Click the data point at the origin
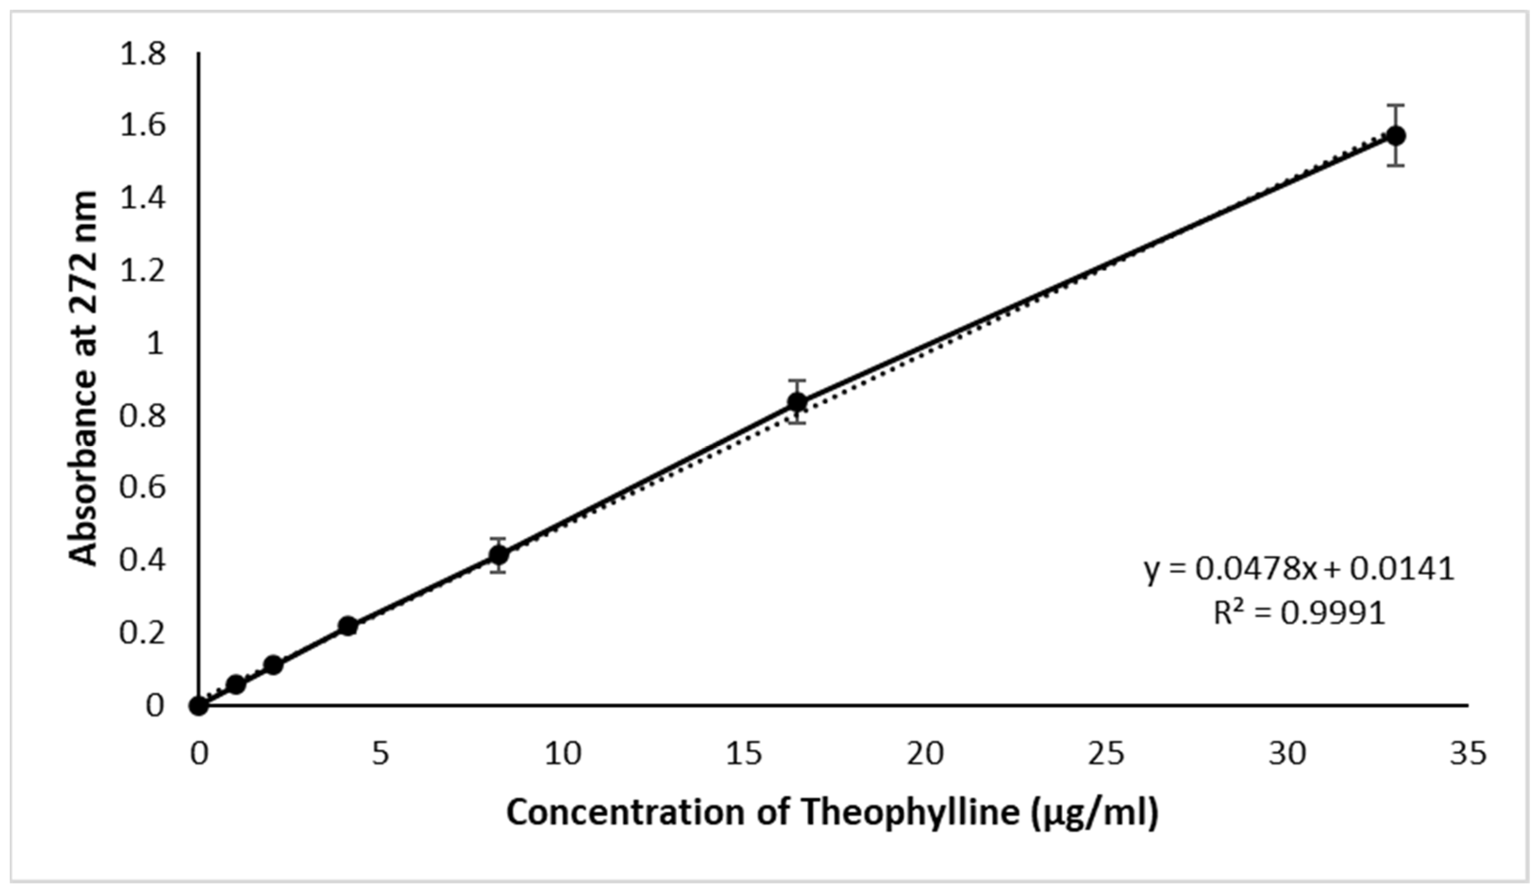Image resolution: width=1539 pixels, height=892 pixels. click(199, 706)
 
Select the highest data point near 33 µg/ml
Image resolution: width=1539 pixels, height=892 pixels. click(1396, 135)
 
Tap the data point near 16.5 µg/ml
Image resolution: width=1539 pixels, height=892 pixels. click(797, 402)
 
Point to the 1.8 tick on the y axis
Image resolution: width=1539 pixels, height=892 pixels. click(143, 54)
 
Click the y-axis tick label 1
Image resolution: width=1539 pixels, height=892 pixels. click(156, 344)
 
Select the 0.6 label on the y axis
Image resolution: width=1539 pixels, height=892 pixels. click(143, 488)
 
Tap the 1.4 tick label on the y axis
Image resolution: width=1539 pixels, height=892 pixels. click(143, 199)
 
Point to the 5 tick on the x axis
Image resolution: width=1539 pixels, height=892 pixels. click(380, 755)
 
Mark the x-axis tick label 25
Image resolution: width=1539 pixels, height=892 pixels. click(1105, 755)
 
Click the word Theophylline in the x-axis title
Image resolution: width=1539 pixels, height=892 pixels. click(909, 814)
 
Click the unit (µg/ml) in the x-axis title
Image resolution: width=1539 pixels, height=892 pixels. click(1095, 814)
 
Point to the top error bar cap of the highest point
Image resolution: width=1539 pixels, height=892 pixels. click(1396, 106)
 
